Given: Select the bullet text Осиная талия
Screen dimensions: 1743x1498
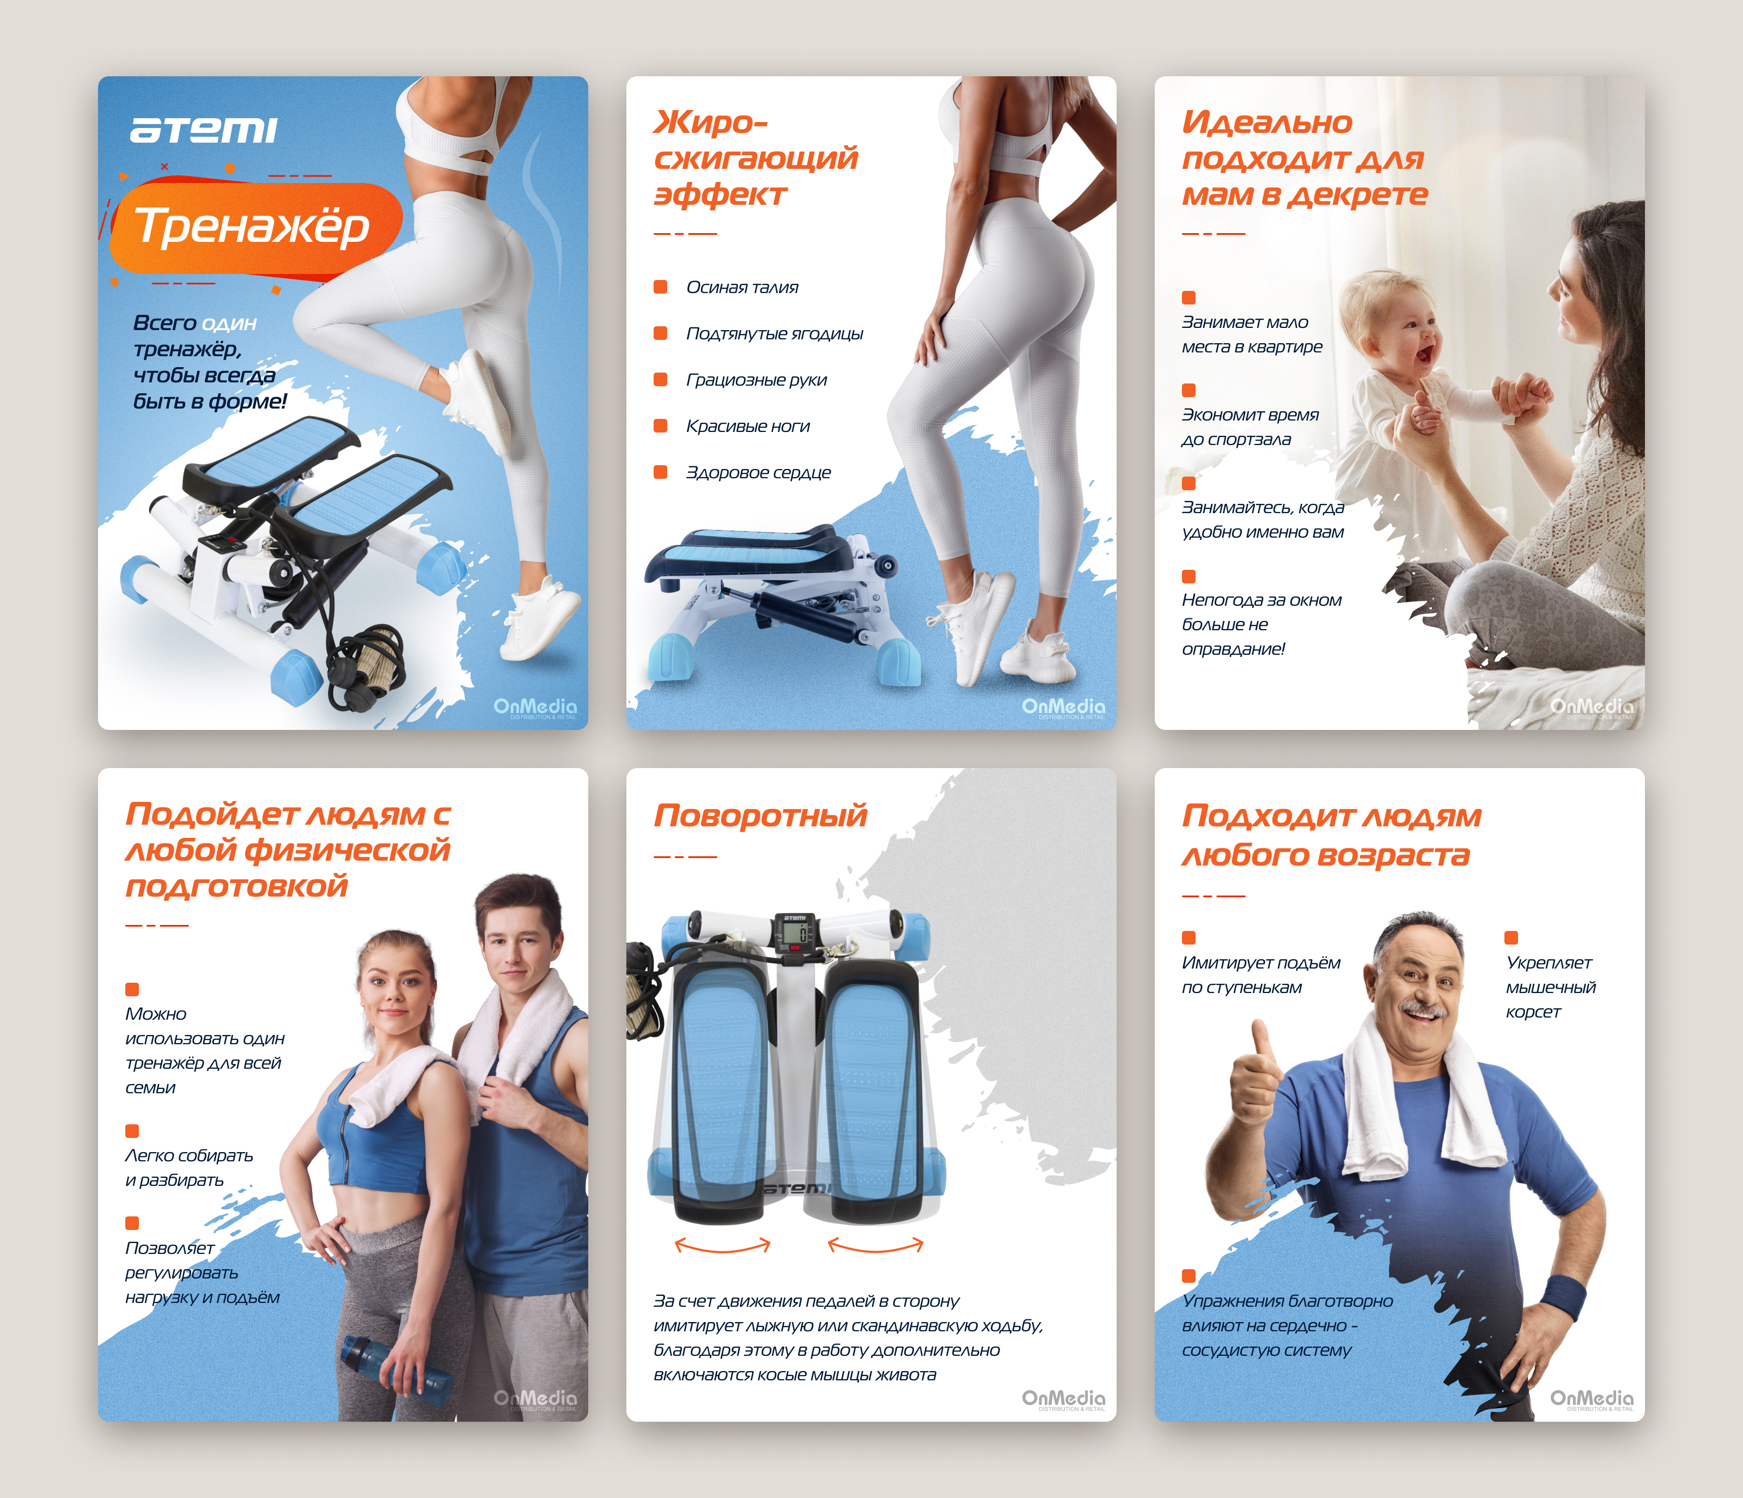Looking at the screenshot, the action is (742, 288).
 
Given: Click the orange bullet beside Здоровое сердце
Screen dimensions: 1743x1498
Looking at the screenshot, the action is (660, 472).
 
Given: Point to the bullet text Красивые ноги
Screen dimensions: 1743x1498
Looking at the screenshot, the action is (748, 427).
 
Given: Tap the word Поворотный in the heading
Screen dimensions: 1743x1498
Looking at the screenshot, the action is (760, 816).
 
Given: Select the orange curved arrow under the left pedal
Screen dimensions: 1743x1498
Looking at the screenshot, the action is (723, 1245).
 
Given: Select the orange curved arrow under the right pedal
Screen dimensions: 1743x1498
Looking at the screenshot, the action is (875, 1245).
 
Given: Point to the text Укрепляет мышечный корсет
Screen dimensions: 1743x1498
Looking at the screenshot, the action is (1550, 988).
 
